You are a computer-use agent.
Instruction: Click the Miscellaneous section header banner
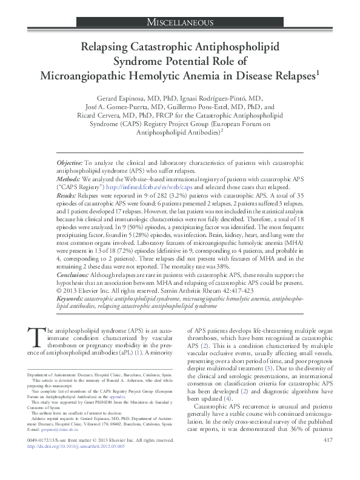coord(180,22)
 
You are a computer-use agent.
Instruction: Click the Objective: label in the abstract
coord(70,164)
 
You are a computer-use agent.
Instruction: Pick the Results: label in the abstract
coord(67,196)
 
